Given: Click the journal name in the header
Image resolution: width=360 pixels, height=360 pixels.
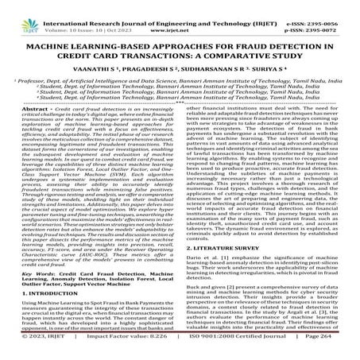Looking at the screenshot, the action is [x=180, y=5].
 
